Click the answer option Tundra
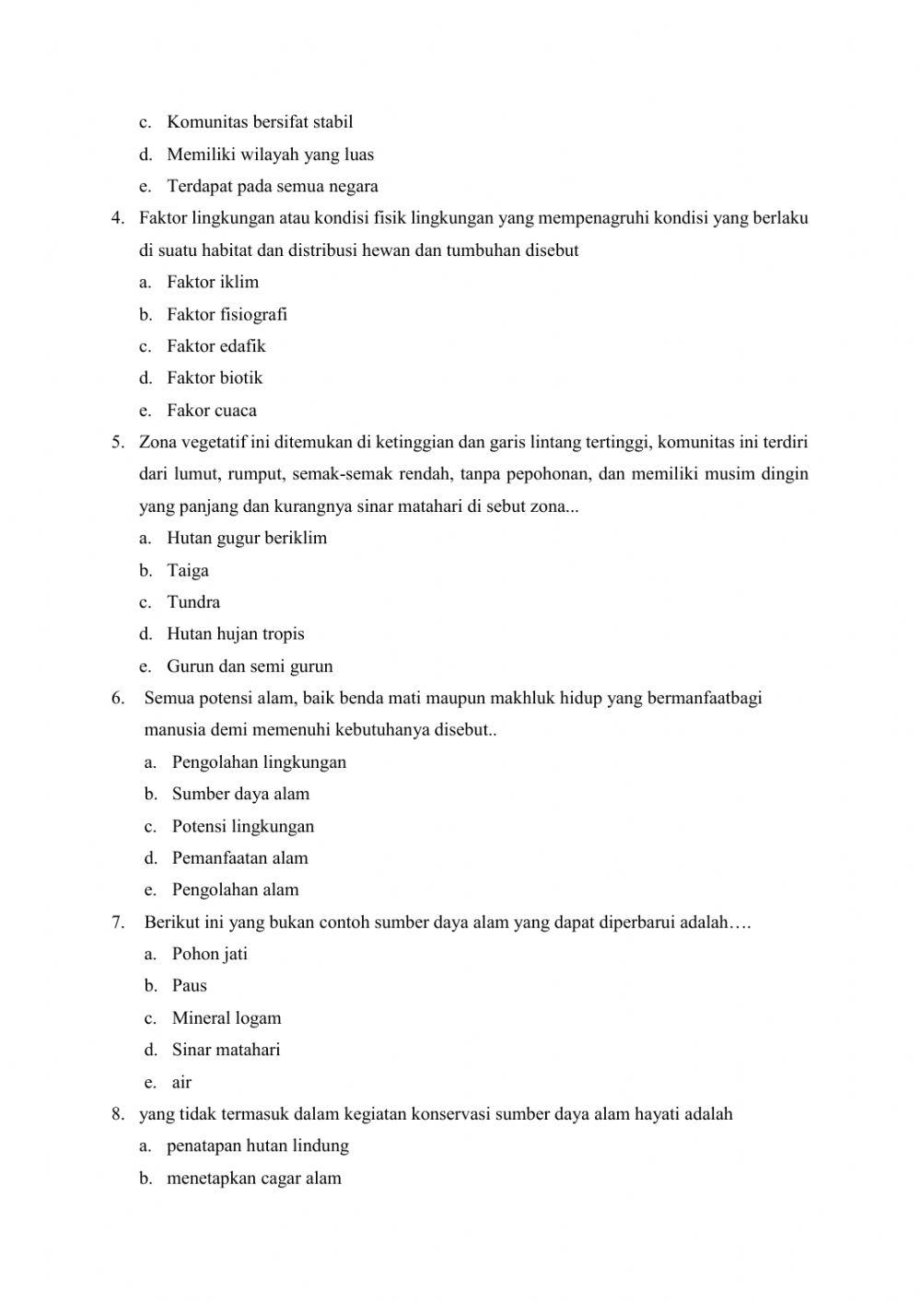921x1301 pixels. click(192, 602)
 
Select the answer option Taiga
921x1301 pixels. click(187, 570)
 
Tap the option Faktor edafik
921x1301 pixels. click(216, 346)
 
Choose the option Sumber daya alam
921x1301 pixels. click(240, 794)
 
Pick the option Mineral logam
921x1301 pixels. click(226, 1017)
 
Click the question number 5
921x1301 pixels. click(118, 442)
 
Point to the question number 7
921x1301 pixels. click(118, 922)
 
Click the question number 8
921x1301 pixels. click(118, 1114)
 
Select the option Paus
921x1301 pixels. click(189, 985)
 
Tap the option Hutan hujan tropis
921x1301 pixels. click(235, 633)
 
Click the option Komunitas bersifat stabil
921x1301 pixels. click(259, 122)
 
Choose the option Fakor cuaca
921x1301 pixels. click(211, 411)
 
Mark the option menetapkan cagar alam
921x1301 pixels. click(253, 1179)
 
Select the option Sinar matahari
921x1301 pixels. click(226, 1050)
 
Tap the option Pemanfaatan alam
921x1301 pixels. click(239, 858)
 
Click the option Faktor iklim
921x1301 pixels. click(212, 282)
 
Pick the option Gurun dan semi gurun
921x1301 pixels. click(249, 666)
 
